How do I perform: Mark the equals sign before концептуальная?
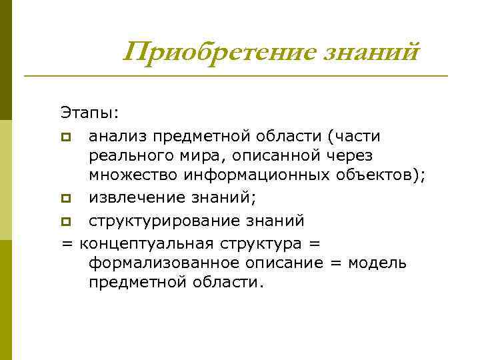tap(67, 241)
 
